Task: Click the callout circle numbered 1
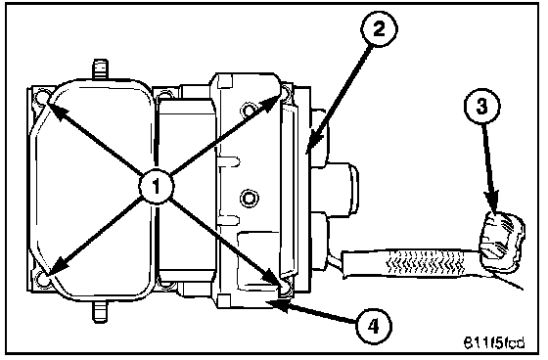[156, 186]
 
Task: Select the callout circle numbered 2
[380, 28]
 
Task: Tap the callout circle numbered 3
[481, 106]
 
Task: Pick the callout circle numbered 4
[374, 327]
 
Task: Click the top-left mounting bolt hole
[43, 96]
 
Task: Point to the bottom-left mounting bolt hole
[43, 278]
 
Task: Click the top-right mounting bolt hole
[286, 92]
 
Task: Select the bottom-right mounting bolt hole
[286, 288]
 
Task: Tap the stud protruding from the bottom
[100, 312]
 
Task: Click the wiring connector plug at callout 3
[502, 243]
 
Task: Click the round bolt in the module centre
[249, 198]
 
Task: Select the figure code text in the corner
[494, 342]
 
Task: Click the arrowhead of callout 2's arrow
[313, 142]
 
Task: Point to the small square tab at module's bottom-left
[224, 300]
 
